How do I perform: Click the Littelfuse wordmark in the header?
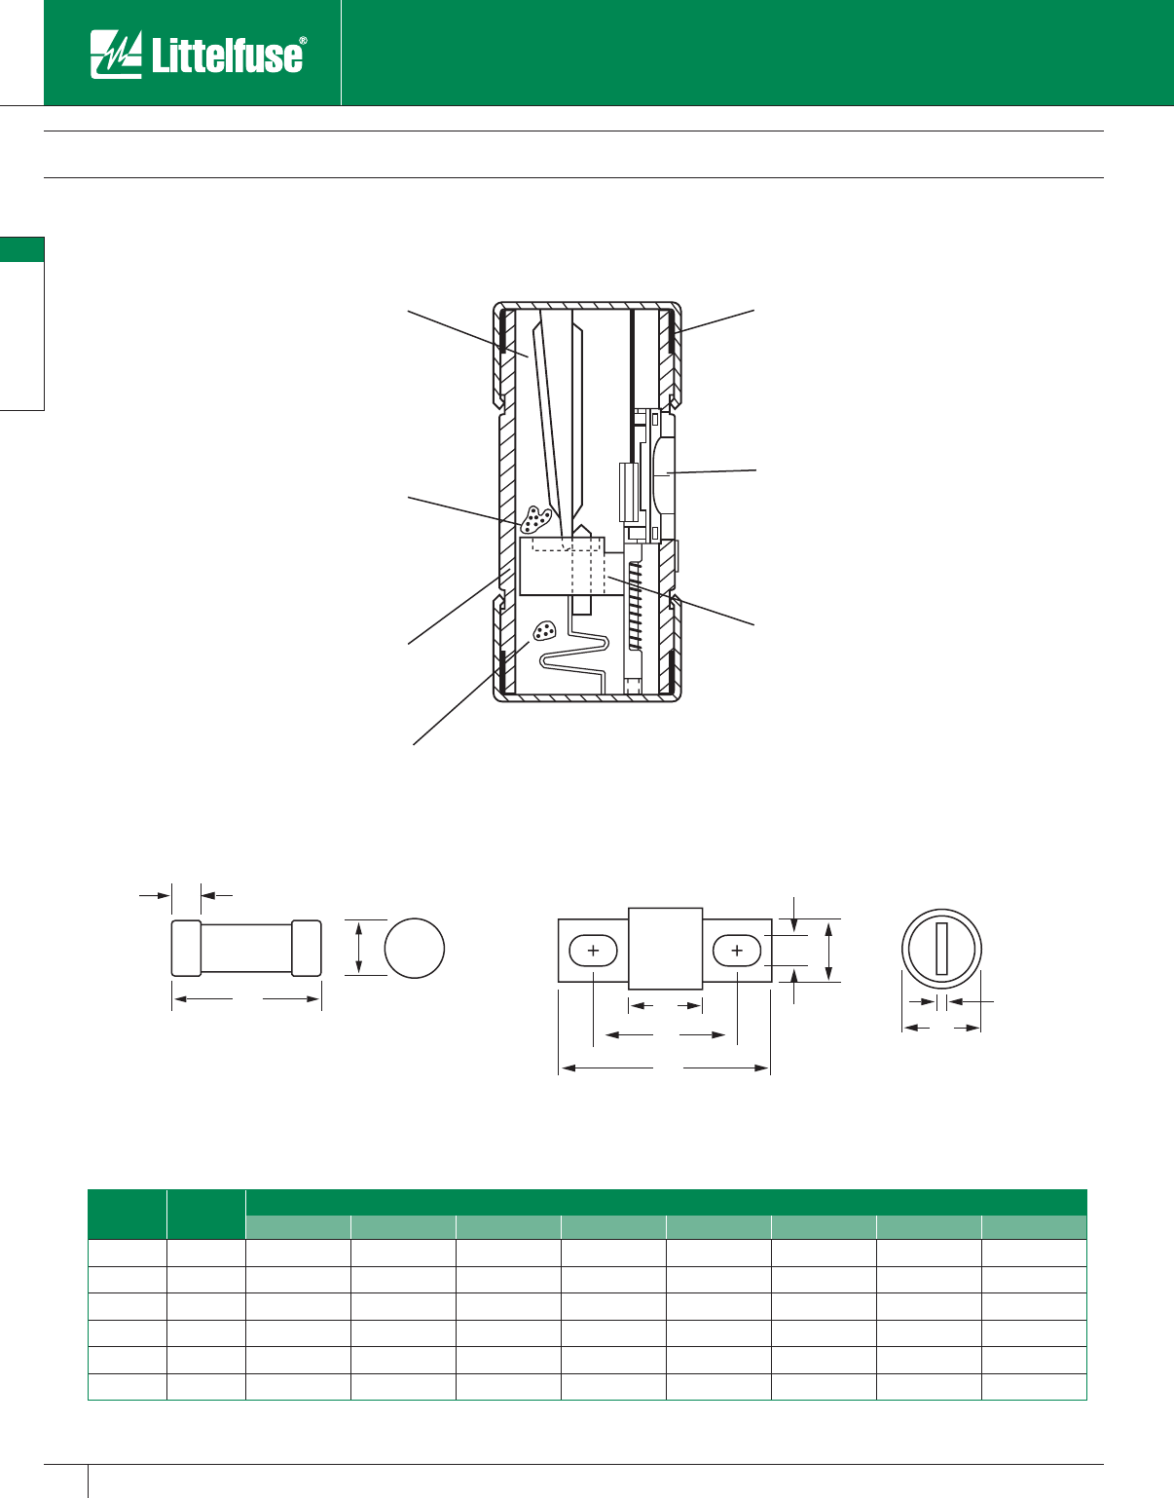[x=226, y=56]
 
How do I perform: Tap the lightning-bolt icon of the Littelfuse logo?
[x=116, y=54]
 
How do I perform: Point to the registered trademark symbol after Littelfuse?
[x=303, y=41]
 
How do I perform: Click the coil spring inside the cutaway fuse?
[x=636, y=605]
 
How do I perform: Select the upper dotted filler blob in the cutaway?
[x=535, y=520]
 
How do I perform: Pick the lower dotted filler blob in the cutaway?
[x=544, y=630]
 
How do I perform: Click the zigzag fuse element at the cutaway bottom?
[x=575, y=655]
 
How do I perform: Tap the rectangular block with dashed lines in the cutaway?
[x=563, y=566]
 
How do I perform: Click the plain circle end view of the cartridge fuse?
[x=414, y=948]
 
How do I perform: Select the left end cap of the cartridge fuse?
[x=186, y=948]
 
